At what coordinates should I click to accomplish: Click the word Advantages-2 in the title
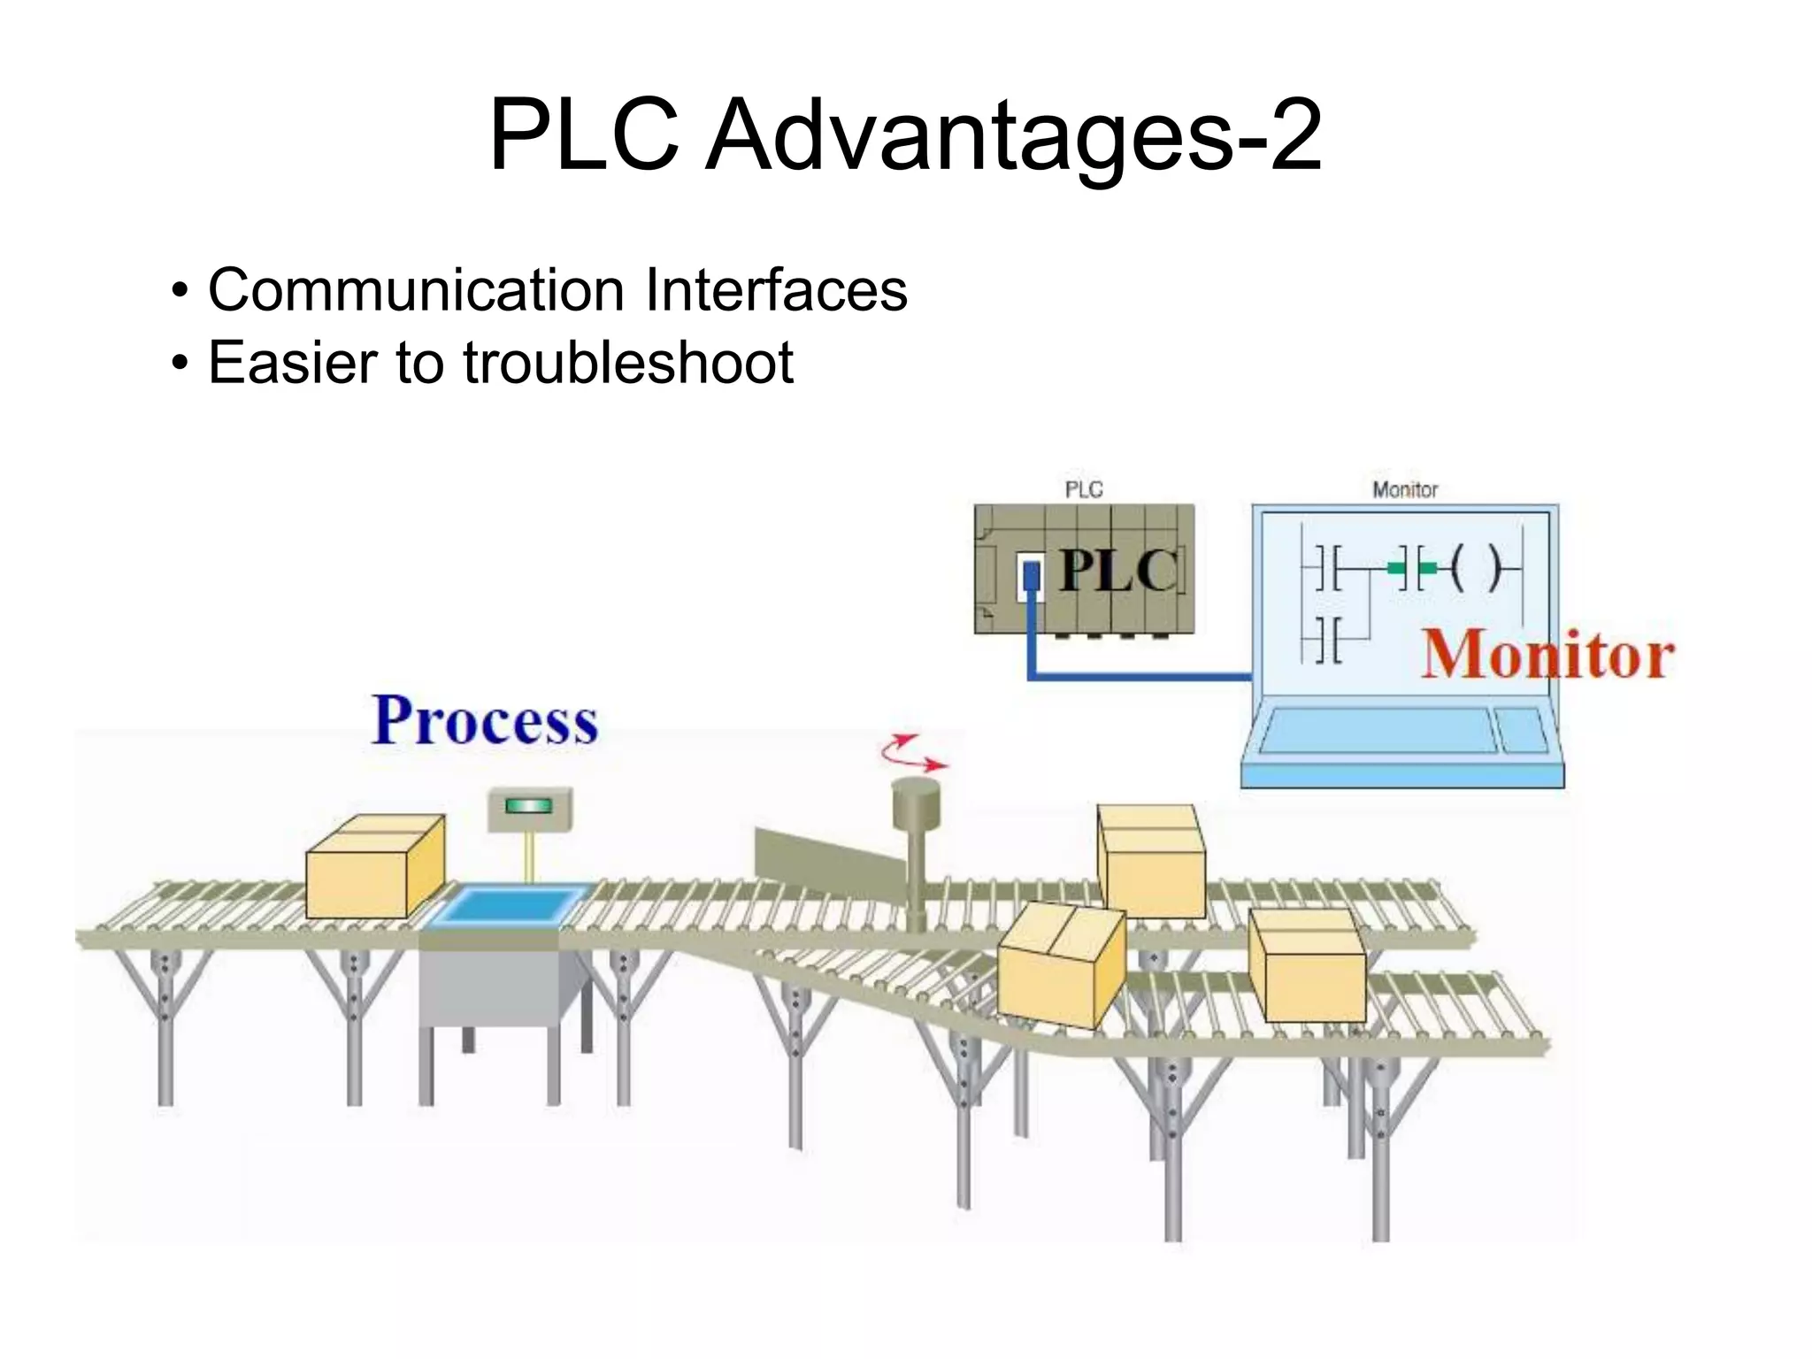coord(1013,135)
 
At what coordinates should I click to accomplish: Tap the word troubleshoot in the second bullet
coord(628,363)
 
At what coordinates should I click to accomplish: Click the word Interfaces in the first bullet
coord(776,289)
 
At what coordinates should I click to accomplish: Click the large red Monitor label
coord(1548,655)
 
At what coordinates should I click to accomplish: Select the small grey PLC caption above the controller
coord(1084,489)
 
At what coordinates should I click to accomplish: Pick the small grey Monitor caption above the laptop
coord(1405,489)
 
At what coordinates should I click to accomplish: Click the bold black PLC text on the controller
coord(1118,570)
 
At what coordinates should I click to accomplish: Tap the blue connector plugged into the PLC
coord(1031,577)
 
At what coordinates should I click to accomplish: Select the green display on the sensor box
coord(528,806)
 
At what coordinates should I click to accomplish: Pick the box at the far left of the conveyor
coord(375,866)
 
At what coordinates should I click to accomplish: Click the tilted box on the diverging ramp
coord(1062,965)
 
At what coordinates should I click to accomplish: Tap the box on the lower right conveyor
coord(1308,965)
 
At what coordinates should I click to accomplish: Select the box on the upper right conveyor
coord(1151,861)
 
